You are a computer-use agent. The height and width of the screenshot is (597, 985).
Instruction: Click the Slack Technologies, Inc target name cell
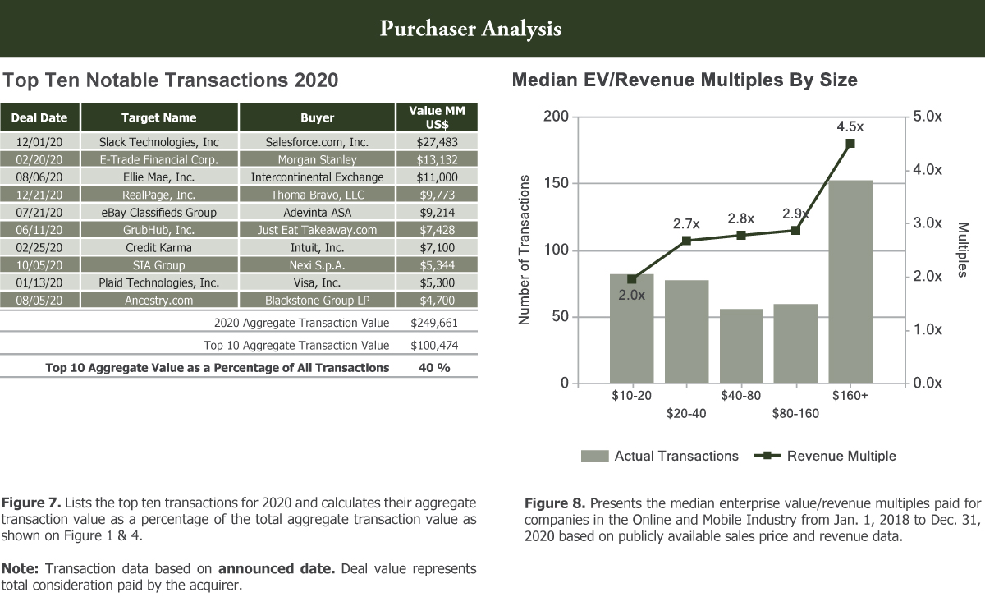coord(158,141)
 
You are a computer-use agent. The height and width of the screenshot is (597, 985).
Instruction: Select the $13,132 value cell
coord(437,159)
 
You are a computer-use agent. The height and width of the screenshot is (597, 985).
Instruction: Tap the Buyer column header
coord(317,117)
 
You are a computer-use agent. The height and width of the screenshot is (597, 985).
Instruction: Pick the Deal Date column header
coord(39,117)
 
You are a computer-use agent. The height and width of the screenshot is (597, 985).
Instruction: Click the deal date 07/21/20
coord(39,212)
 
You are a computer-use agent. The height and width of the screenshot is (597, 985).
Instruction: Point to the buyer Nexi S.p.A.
coord(317,265)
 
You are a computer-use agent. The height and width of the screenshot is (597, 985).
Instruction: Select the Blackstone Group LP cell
coord(317,301)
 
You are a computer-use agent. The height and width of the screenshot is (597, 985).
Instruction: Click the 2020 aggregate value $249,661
coord(434,323)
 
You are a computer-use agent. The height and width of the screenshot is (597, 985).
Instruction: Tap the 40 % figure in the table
coord(434,367)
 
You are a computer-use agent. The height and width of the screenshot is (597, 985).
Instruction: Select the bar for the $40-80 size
coord(741,346)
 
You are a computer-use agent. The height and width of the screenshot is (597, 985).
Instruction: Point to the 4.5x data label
coord(850,127)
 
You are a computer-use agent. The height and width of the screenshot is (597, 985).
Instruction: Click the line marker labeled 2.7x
coord(686,241)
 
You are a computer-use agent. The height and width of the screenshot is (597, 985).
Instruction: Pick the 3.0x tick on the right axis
coord(928,223)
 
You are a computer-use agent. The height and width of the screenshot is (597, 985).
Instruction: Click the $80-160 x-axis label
coord(795,413)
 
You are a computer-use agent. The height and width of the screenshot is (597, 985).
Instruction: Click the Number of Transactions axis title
coord(525,250)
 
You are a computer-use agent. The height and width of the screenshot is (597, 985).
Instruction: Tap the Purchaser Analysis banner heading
coord(470,29)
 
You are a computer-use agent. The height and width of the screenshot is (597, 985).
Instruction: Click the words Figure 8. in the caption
coord(555,503)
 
